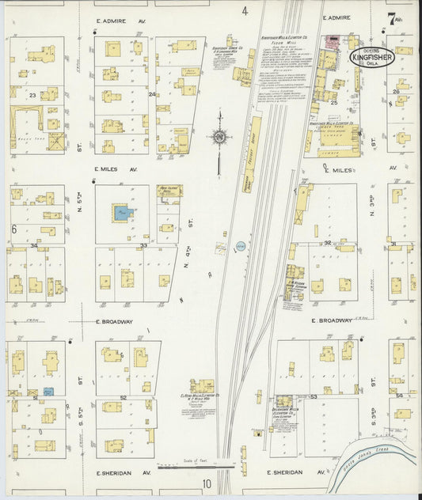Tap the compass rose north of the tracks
click(x=219, y=137)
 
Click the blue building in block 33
click(x=121, y=212)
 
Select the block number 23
click(x=32, y=95)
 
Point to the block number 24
click(x=151, y=94)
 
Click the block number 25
click(x=334, y=102)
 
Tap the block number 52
click(x=123, y=397)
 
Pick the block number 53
click(x=314, y=396)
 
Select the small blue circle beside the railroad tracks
click(x=241, y=247)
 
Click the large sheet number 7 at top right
click(x=392, y=18)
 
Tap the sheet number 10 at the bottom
click(x=207, y=484)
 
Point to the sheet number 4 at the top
click(x=245, y=11)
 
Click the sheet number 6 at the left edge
click(x=13, y=229)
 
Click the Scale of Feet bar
click(x=192, y=466)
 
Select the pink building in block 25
click(x=329, y=40)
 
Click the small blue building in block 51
click(x=48, y=392)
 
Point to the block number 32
click(x=327, y=244)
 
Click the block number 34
click(x=33, y=245)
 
